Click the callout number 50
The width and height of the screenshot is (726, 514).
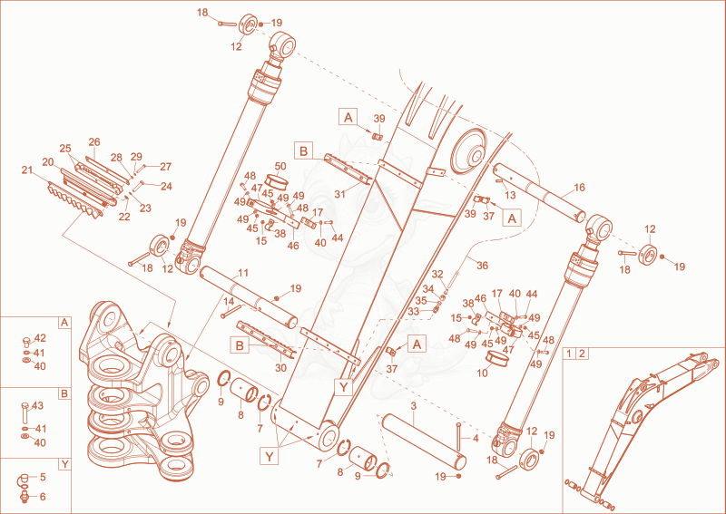[280, 166]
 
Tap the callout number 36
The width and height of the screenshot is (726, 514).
[483, 266]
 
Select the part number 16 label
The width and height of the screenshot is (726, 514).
[579, 188]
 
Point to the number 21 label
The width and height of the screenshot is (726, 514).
[27, 170]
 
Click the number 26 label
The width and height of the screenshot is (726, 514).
[94, 142]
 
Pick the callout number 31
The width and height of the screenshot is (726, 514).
[339, 194]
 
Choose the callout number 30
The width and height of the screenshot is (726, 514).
[280, 368]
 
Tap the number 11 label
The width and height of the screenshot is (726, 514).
[243, 273]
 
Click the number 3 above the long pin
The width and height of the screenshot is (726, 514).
[414, 406]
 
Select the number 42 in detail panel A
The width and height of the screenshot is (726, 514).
[40, 338]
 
